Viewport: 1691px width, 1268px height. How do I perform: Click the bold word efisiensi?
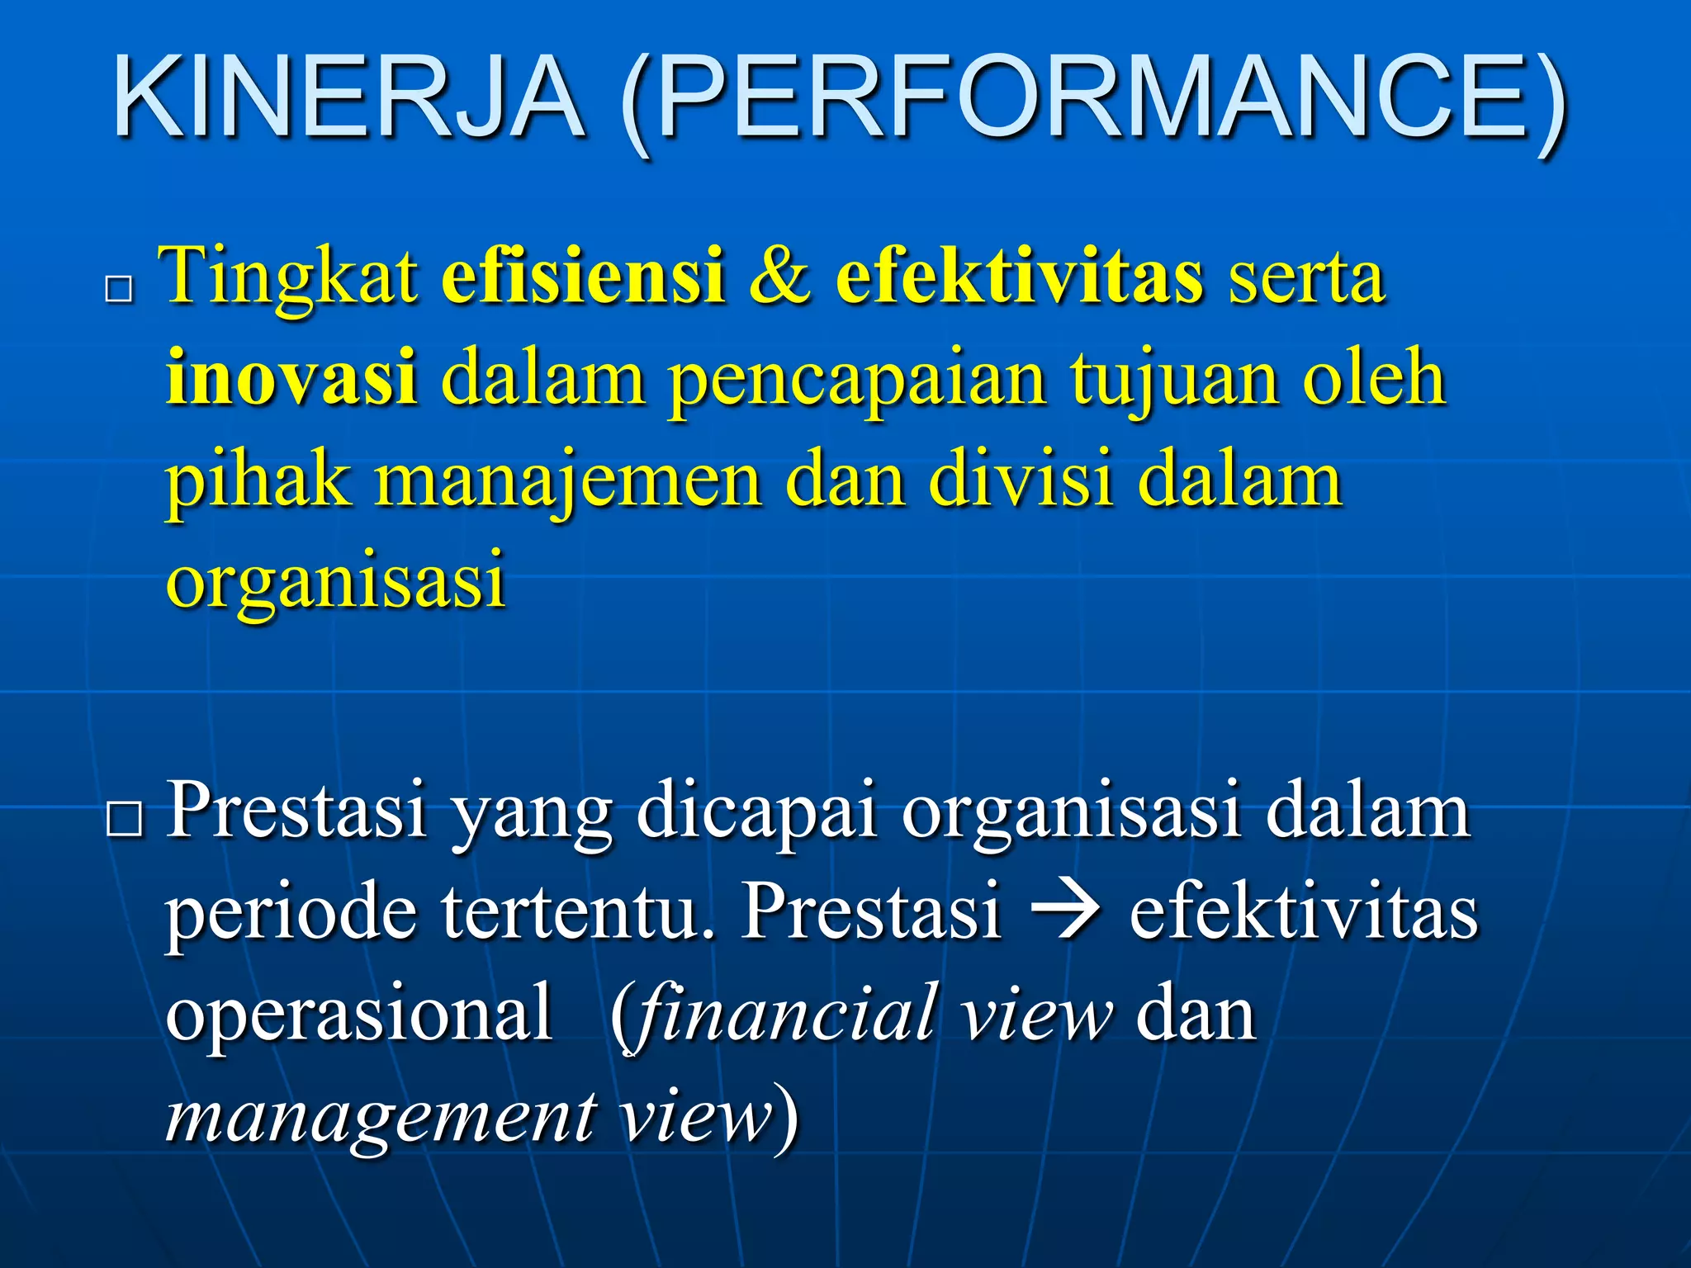tap(583, 276)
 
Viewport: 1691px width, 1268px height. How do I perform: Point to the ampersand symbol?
tap(780, 277)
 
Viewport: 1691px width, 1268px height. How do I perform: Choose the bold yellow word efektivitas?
tap(1019, 276)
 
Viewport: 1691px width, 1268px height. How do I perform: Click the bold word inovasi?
tap(291, 378)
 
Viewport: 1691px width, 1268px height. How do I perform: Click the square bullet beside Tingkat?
tap(120, 290)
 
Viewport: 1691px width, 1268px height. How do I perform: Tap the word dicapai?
tap(755, 814)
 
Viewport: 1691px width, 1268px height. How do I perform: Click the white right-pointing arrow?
tap(1066, 913)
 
